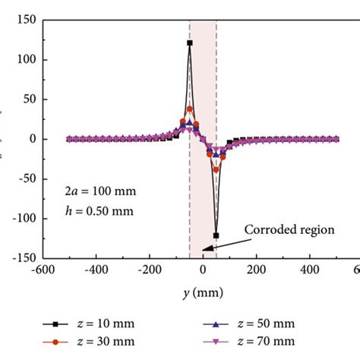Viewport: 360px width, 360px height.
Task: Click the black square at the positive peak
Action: (x=189, y=43)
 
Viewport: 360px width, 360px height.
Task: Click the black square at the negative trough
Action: (x=216, y=235)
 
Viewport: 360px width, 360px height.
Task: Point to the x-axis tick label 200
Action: (x=257, y=269)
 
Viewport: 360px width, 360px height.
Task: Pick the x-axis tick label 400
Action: (x=311, y=269)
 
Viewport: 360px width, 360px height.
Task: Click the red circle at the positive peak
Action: (x=189, y=109)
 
